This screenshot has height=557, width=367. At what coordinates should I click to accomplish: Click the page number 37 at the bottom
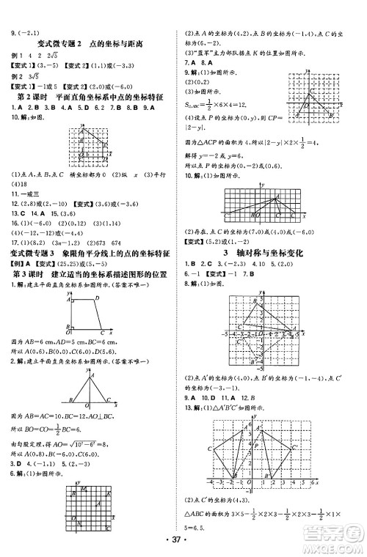[x=183, y=541]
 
